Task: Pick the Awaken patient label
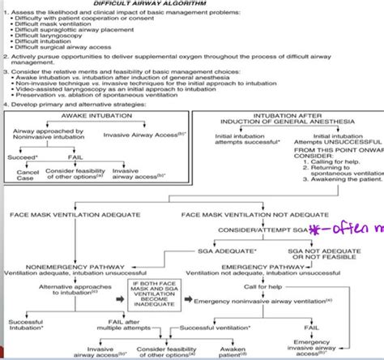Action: click(x=234, y=350)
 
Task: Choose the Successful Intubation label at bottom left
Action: click(x=25, y=326)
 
